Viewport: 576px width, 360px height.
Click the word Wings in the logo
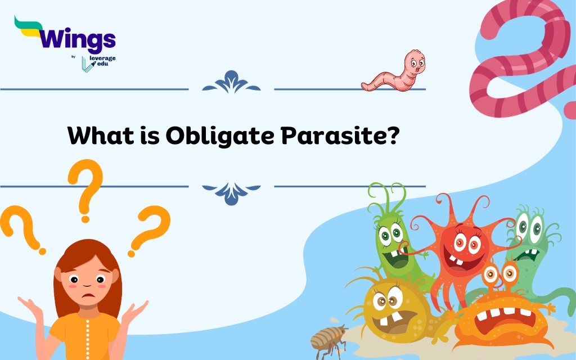(78, 39)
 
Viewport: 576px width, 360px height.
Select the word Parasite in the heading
(340, 136)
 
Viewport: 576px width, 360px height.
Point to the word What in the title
(101, 136)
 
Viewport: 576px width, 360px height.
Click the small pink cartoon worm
(393, 71)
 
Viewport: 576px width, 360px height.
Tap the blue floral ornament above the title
(231, 82)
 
